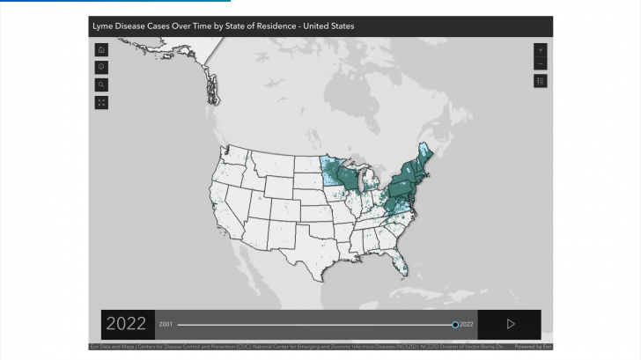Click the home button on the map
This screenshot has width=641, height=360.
[101, 49]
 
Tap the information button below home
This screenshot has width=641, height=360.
[101, 67]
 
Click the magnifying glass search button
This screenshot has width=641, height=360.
[101, 84]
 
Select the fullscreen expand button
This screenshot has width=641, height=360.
[101, 102]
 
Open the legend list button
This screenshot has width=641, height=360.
[540, 81]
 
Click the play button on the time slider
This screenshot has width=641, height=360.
[510, 324]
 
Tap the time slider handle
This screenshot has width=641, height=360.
[455, 324]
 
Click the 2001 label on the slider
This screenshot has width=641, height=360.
[166, 324]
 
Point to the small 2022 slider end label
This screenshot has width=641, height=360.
[467, 324]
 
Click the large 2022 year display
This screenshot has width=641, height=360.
[126, 324]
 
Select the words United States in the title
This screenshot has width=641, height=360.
[329, 26]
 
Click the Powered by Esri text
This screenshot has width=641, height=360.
[534, 347]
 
